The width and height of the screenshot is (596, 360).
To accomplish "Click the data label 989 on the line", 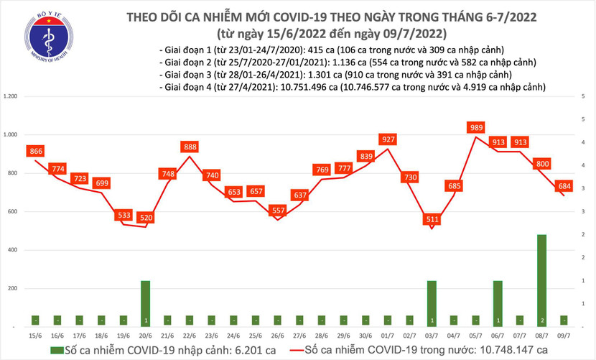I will pyautogui.click(x=474, y=127).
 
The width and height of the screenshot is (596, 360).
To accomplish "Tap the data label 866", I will pyautogui.click(x=36, y=151).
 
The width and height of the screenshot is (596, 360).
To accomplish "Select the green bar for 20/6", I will pyautogui.click(x=145, y=303).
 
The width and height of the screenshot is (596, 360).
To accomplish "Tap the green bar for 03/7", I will pyautogui.click(x=431, y=303).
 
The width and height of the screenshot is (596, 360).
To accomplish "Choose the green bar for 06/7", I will pyautogui.click(x=497, y=303).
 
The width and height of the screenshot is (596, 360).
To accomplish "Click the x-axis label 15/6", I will pyautogui.click(x=35, y=335).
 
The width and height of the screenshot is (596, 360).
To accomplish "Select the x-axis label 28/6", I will pyautogui.click(x=321, y=335).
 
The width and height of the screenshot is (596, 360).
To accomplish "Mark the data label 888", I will pyautogui.click(x=190, y=147).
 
